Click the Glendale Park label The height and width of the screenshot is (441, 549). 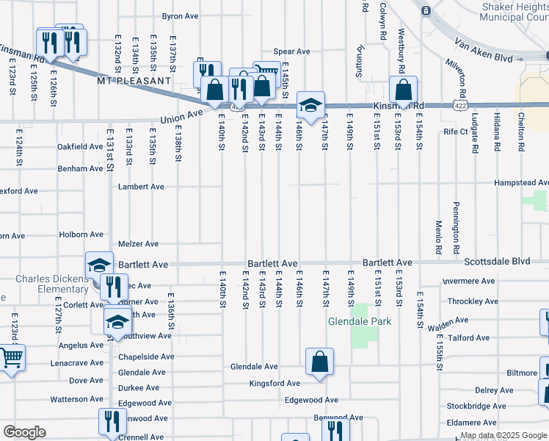tap(360, 321)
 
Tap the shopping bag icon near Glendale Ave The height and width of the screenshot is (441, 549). tap(320, 362)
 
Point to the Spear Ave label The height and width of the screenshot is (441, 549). tap(291, 51)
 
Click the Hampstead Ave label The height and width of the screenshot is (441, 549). tap(522, 182)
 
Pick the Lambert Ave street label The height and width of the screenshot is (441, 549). tap(141, 187)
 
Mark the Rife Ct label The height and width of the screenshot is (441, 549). tap(455, 132)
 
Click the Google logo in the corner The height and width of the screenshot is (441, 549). tap(25, 432)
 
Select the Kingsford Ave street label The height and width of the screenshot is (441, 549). tap(274, 384)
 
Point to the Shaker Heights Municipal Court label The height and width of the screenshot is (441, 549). tap(513, 12)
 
